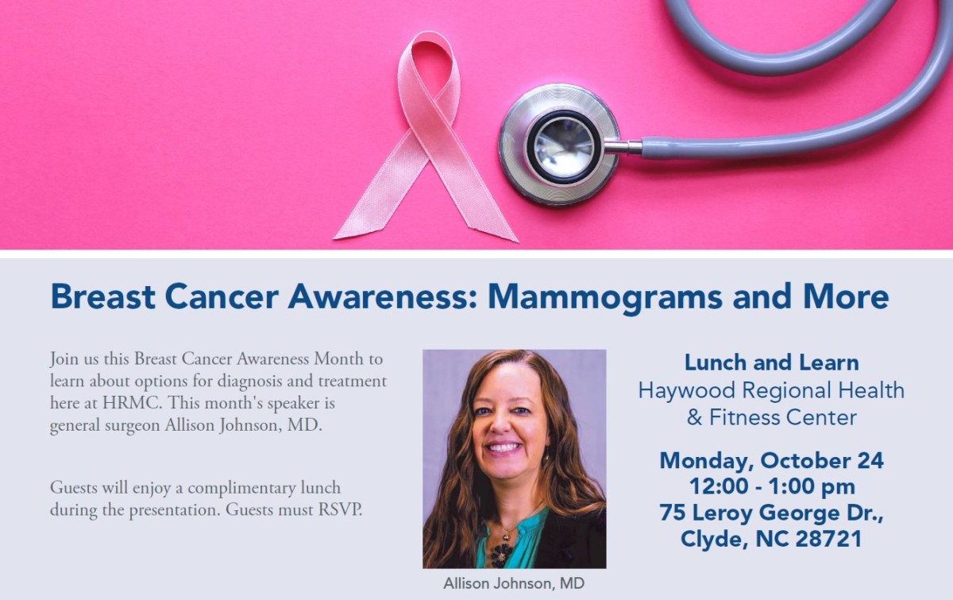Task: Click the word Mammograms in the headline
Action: (605, 296)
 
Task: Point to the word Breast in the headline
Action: (102, 296)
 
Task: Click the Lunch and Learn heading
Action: (772, 362)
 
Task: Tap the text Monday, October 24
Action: (772, 461)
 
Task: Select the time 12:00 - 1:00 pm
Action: (772, 486)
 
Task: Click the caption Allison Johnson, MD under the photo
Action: (514, 583)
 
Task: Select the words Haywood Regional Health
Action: (771, 390)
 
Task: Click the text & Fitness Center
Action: (771, 417)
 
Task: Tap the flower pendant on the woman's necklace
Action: (502, 555)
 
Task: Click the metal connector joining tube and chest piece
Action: (623, 147)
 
